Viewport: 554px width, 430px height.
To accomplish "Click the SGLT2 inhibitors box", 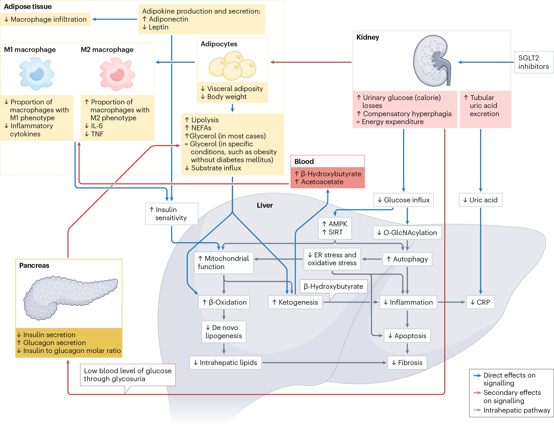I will tap(534, 62).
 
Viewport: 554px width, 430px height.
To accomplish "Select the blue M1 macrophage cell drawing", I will tap(37, 74).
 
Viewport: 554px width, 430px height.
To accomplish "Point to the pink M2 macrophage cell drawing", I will tap(117, 74).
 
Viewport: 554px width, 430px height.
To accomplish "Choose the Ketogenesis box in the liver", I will tap(295, 302).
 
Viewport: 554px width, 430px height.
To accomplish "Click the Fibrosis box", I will tap(407, 363).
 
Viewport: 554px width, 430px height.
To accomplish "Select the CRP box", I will tap(480, 302).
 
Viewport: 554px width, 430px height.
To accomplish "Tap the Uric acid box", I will tap(480, 200).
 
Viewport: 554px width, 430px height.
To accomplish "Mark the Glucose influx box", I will tap(404, 200).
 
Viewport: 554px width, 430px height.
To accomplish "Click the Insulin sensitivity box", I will tap(171, 214).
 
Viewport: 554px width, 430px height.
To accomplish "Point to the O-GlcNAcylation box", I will tap(407, 233).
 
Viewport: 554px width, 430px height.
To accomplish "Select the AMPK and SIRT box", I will tap(335, 228).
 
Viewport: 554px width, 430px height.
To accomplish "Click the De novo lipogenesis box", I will tap(224, 332).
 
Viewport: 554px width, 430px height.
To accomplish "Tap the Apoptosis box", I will tap(407, 336).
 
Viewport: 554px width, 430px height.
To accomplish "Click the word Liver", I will tap(265, 205).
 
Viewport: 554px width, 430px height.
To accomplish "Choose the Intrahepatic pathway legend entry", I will tap(516, 410).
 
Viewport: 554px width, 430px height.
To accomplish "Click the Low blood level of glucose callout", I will tap(128, 375).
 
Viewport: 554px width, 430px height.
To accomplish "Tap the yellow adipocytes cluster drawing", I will tap(232, 66).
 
